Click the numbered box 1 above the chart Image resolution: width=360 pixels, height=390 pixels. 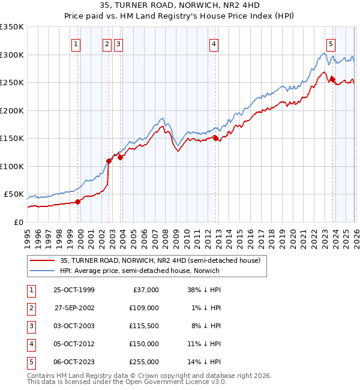pyautogui.click(x=76, y=44)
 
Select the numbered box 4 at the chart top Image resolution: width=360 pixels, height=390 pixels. pyautogui.click(x=214, y=44)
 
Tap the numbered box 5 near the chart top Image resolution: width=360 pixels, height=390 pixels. pyautogui.click(x=331, y=44)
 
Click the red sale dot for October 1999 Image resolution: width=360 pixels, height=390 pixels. pyautogui.click(x=78, y=202)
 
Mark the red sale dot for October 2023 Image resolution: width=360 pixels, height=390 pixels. pyautogui.click(x=332, y=79)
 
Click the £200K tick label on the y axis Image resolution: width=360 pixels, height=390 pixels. pyautogui.click(x=12, y=110)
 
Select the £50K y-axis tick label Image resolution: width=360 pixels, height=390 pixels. pyautogui.click(x=14, y=194)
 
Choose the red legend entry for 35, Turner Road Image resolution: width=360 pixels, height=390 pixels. pyautogui.click(x=160, y=260)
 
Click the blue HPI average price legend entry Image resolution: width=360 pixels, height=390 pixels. pyautogui.click(x=139, y=271)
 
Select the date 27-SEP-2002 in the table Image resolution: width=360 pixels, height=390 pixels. pyautogui.click(x=74, y=307)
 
